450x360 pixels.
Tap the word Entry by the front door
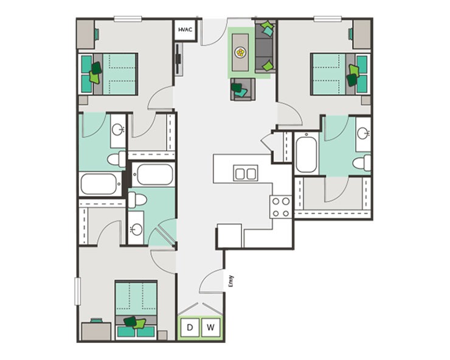click(x=230, y=282)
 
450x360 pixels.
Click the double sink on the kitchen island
click(x=246, y=174)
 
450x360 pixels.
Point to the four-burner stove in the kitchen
click(x=281, y=206)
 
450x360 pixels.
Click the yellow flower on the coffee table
click(x=242, y=52)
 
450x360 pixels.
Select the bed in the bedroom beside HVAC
click(x=109, y=73)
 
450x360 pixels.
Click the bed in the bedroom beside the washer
click(x=136, y=308)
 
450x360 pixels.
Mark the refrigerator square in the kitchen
click(x=230, y=236)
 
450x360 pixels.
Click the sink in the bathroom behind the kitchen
click(x=363, y=134)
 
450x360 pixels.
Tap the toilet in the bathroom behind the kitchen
click(x=362, y=162)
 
